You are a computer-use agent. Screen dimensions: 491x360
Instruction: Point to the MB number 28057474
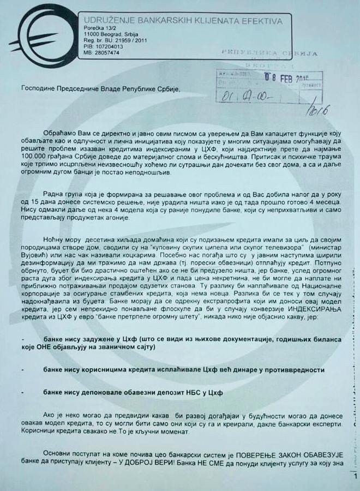click(x=106, y=53)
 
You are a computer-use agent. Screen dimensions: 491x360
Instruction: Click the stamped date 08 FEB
click(x=287, y=77)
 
